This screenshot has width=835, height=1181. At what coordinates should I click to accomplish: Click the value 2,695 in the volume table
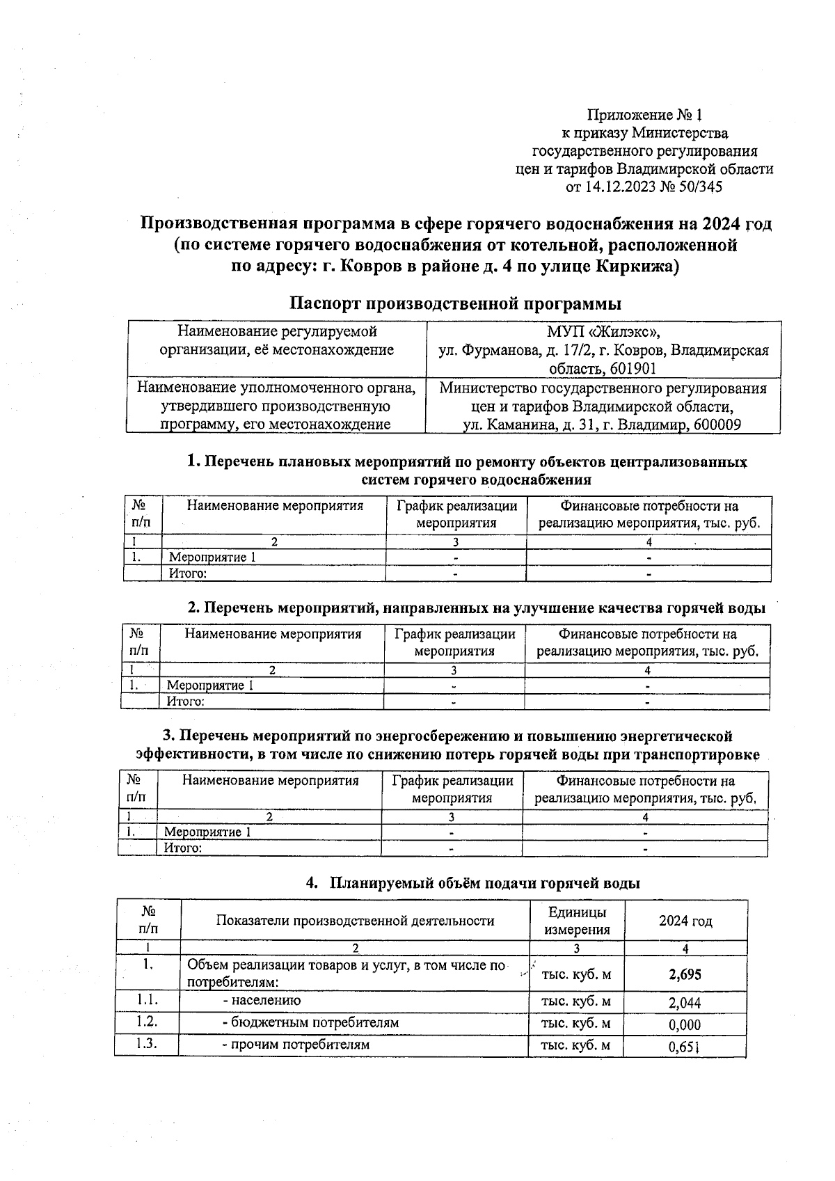pyautogui.click(x=685, y=974)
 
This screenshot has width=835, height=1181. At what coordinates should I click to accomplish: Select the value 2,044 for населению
pyautogui.click(x=685, y=1003)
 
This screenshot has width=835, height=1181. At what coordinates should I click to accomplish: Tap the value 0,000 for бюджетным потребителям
pyautogui.click(x=685, y=1025)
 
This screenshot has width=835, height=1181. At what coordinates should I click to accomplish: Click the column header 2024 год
pyautogui.click(x=685, y=921)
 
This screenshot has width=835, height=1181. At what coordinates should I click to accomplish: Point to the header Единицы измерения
pyautogui.click(x=577, y=921)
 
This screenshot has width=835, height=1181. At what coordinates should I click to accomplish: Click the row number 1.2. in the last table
pyautogui.click(x=147, y=1022)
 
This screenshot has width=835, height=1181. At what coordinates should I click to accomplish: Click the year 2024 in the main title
pyautogui.click(x=722, y=224)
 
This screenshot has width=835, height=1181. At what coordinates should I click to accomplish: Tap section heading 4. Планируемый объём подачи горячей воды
pyautogui.click(x=472, y=883)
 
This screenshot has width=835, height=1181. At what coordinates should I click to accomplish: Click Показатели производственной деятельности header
pyautogui.click(x=355, y=921)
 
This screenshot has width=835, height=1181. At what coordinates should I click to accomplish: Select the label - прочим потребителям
pyautogui.click(x=295, y=1045)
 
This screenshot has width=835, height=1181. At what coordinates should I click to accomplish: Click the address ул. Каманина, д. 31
pyautogui.click(x=525, y=425)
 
